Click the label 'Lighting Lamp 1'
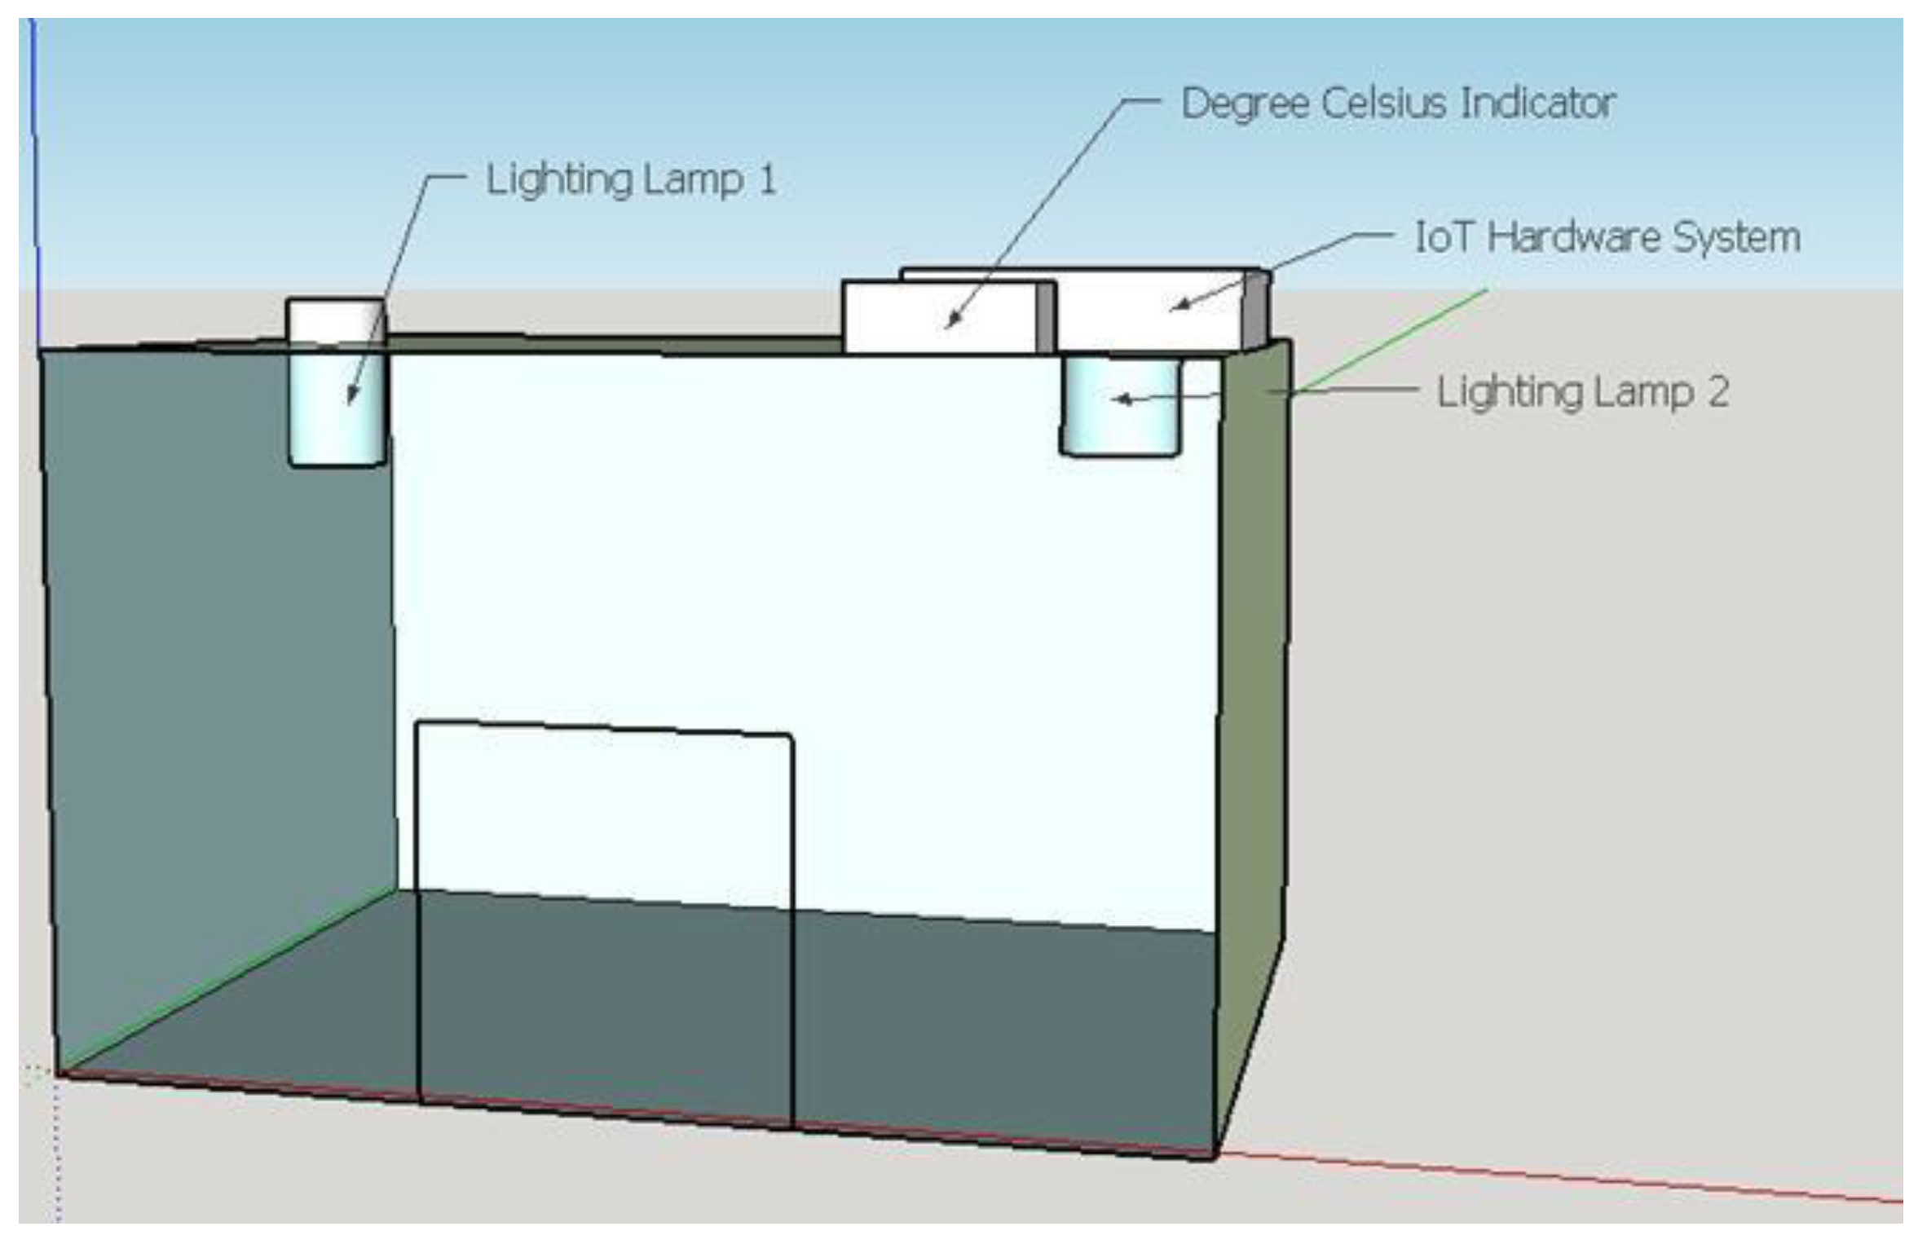tap(630, 180)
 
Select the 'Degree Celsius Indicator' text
tap(1397, 104)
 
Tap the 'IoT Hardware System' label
tap(1607, 237)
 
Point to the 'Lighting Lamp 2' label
tap(1582, 392)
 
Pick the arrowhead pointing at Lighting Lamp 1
tap(351, 398)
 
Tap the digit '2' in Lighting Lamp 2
tap(1717, 392)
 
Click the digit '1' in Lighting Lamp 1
tap(766, 180)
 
